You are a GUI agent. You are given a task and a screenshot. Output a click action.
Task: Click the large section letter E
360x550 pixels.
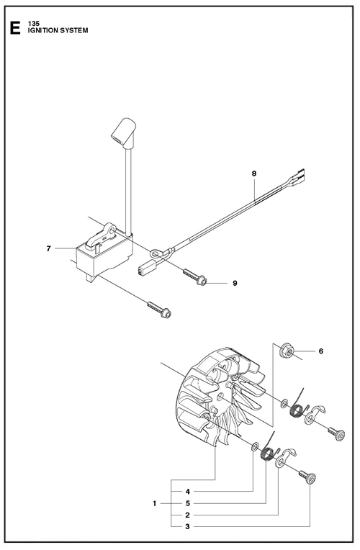pos(14,28)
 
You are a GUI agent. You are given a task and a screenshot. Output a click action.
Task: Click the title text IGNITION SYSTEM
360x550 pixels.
pos(58,30)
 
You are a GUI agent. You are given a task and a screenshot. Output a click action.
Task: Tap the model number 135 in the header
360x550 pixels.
pos(34,24)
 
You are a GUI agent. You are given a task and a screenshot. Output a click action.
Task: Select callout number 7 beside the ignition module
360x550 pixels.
pos(48,248)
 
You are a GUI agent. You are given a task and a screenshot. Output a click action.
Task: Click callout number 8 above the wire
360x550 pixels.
pos(254,173)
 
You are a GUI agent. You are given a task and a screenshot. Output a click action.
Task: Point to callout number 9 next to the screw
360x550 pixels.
pos(235,283)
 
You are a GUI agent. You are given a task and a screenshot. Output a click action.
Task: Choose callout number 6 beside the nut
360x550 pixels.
pos(320,351)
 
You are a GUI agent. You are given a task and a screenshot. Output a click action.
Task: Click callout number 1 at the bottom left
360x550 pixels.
pos(154,503)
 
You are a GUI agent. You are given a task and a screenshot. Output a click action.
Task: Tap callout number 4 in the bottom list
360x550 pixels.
pos(188,492)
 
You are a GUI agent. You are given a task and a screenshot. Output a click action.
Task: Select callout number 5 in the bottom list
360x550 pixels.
pos(188,503)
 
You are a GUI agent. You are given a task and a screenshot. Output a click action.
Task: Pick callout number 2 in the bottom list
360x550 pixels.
pos(188,515)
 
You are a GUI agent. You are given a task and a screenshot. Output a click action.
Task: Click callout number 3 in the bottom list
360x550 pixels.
pos(188,526)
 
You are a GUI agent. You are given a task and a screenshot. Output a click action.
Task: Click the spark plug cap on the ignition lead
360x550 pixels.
pos(122,132)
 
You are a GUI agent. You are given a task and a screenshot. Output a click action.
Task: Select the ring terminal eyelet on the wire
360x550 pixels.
pos(156,253)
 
